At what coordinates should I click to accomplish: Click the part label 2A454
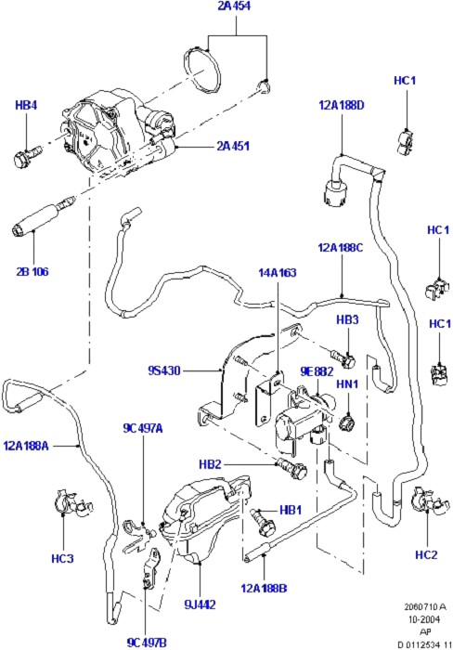[x=235, y=7]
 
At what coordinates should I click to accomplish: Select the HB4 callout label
[x=26, y=105]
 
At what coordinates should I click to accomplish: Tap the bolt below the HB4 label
[x=27, y=155]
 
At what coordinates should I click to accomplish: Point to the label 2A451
[x=233, y=147]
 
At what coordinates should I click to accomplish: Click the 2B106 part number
[x=32, y=272]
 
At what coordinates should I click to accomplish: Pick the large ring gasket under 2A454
[x=202, y=71]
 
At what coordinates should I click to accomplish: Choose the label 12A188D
[x=341, y=105]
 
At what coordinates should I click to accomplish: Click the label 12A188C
[x=341, y=248]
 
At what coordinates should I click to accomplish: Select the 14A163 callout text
[x=278, y=273]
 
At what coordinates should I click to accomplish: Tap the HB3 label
[x=347, y=320]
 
